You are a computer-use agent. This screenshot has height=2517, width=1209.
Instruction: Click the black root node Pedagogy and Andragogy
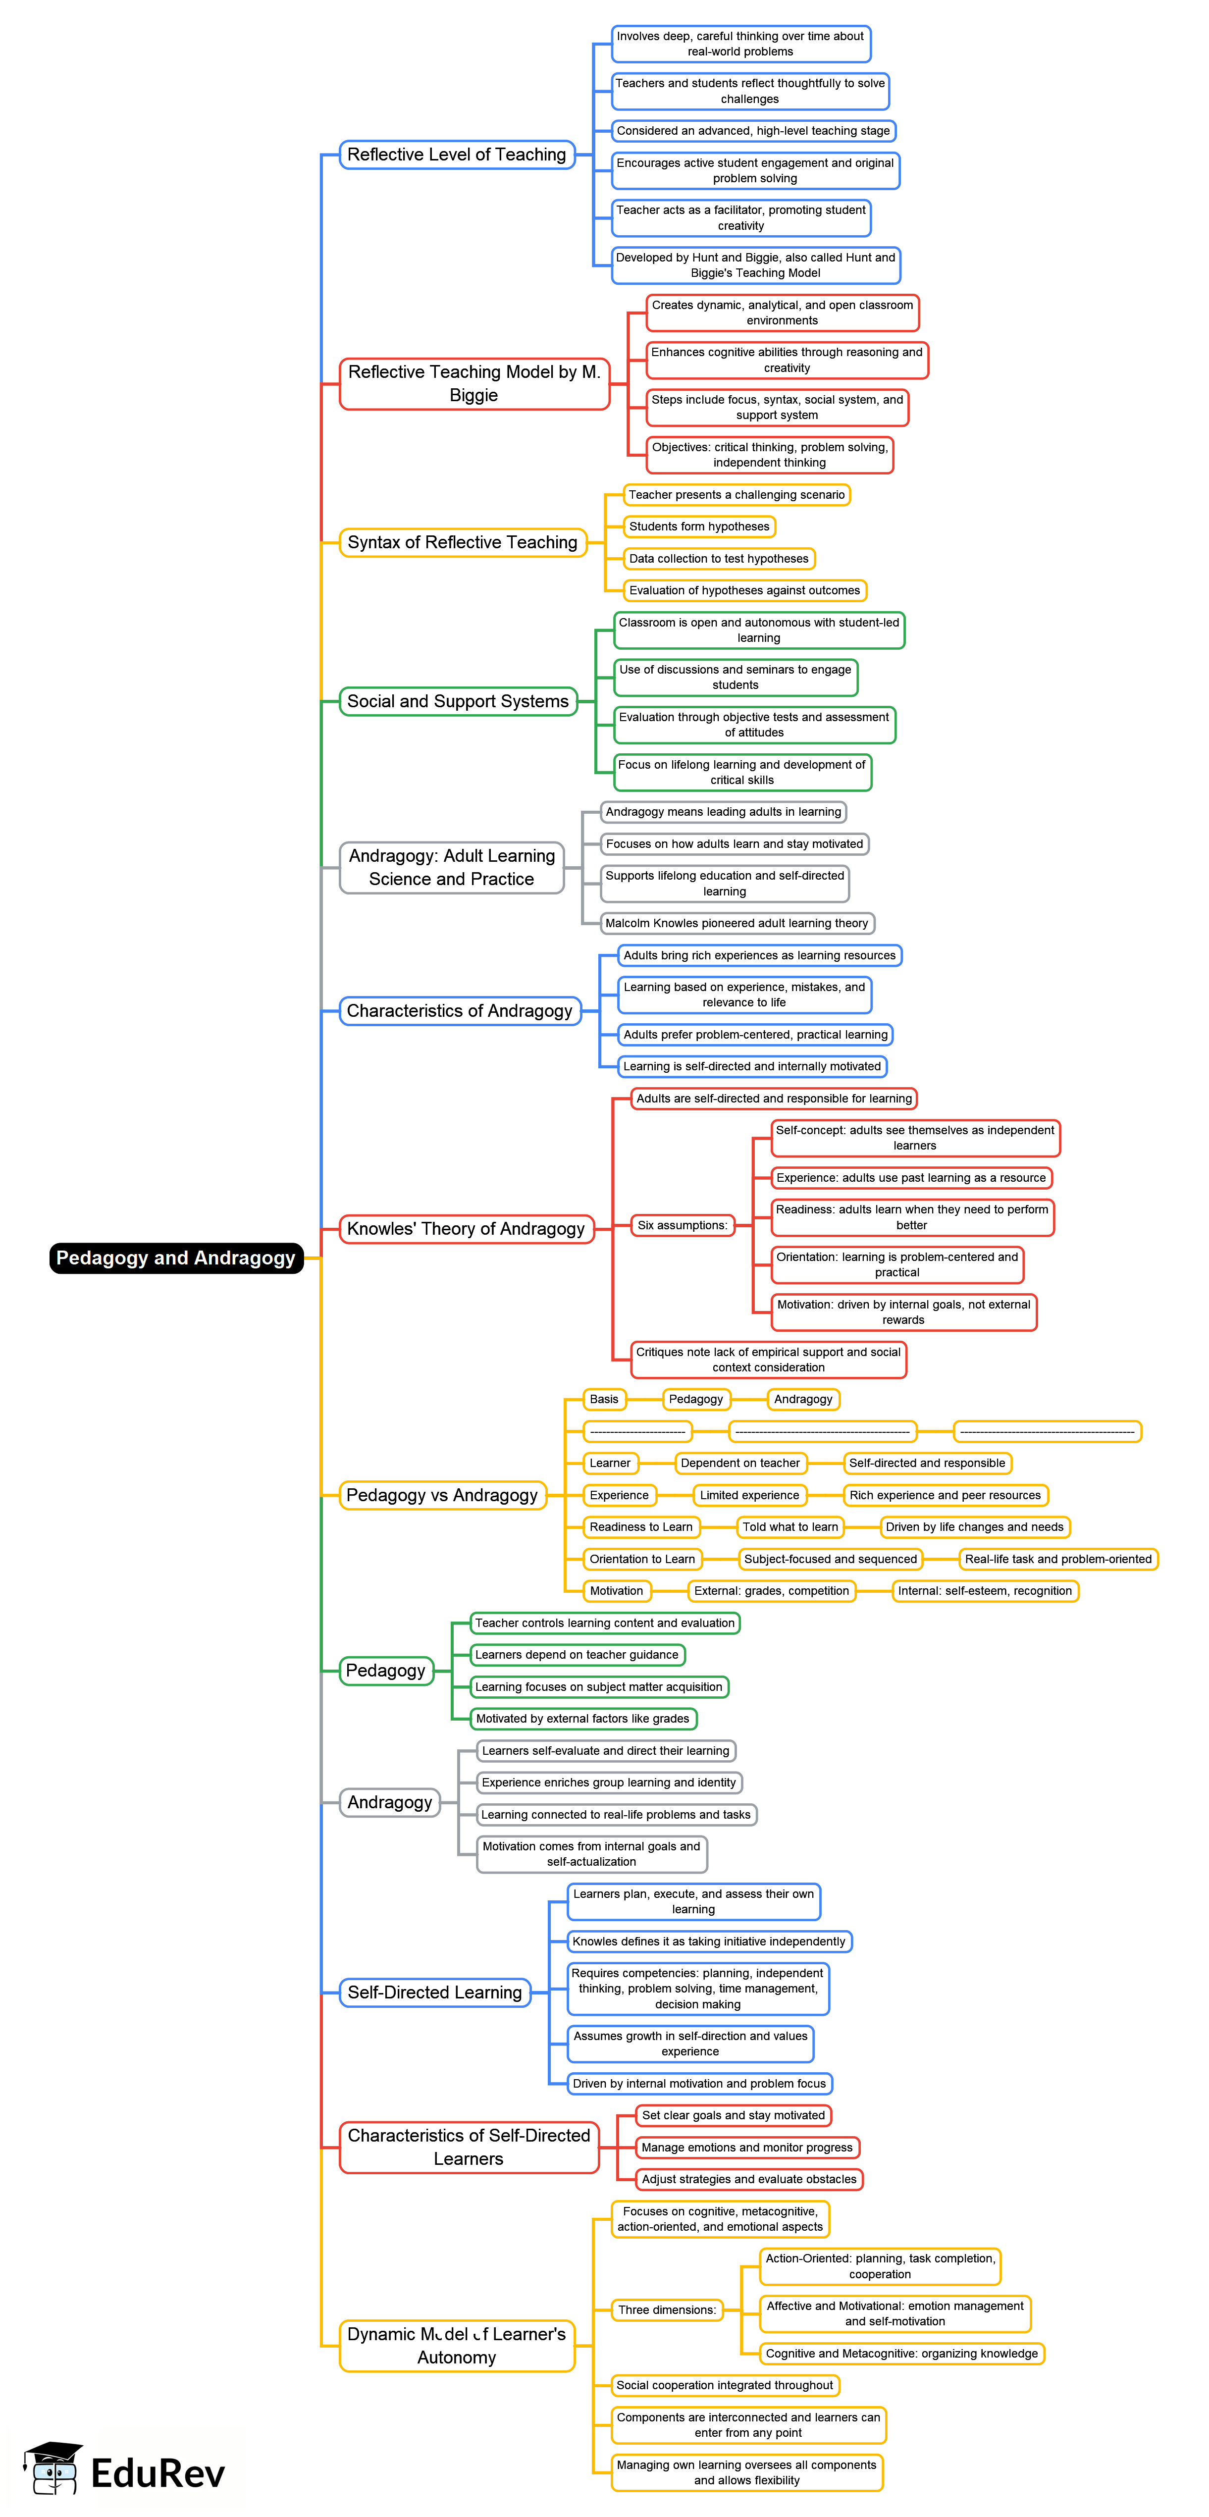(x=176, y=1258)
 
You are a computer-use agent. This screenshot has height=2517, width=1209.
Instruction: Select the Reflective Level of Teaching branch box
(x=457, y=155)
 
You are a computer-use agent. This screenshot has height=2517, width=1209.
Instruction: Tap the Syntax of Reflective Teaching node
(x=462, y=542)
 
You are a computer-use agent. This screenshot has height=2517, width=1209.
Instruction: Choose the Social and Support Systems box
(x=458, y=701)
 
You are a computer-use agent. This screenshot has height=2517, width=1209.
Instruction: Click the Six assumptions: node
(x=682, y=1225)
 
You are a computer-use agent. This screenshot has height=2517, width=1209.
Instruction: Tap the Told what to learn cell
(x=789, y=1527)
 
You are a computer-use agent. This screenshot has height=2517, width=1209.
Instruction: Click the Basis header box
(x=604, y=1399)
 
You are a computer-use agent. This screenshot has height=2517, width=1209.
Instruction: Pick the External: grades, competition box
(x=771, y=1591)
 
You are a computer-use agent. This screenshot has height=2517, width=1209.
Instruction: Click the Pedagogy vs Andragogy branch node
(x=442, y=1495)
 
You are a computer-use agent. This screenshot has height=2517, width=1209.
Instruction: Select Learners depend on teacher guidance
(x=577, y=1655)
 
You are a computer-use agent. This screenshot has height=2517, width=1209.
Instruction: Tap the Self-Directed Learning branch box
(x=435, y=1993)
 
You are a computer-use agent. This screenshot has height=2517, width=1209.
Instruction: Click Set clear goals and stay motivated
(x=733, y=2115)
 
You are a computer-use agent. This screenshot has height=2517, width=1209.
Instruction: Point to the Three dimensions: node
(x=667, y=2310)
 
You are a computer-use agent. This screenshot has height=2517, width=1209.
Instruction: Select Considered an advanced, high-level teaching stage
(x=752, y=131)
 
